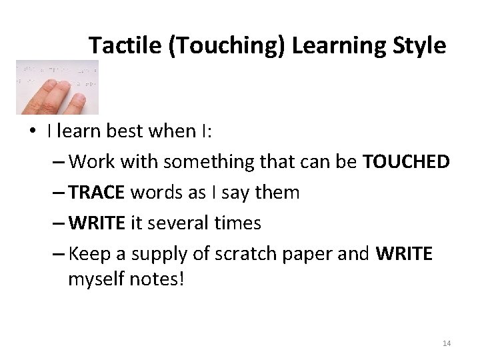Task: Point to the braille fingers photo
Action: pos(57,87)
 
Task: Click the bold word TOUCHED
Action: pos(406,162)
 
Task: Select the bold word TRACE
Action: pos(97,193)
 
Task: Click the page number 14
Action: pos(447,343)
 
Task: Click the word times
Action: pos(238,223)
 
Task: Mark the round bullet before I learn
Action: pos(33,131)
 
